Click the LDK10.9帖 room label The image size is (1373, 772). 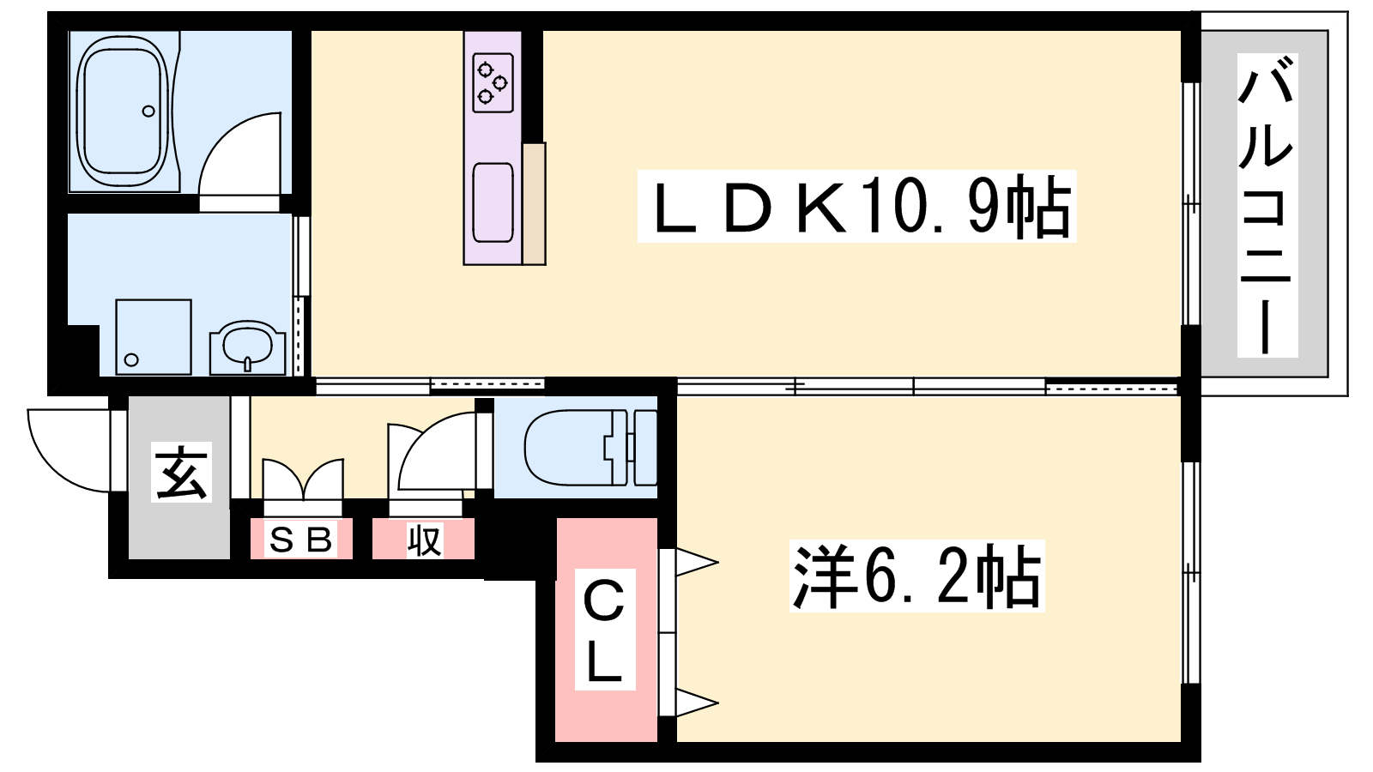coord(857,206)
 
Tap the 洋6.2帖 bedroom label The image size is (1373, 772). coord(917,576)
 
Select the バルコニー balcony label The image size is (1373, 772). coord(1267,205)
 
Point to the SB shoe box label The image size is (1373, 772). coord(301,540)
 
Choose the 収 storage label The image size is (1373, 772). coord(424,540)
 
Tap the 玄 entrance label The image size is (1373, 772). coord(181,473)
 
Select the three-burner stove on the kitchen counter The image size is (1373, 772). coord(493,82)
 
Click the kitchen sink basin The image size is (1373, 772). coord(493,202)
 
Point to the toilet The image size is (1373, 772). coord(590,447)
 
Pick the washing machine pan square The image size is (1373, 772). coord(154,337)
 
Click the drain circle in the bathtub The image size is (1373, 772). coord(148,111)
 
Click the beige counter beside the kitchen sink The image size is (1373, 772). coord(534,203)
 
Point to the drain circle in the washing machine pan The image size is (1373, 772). coord(131,359)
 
